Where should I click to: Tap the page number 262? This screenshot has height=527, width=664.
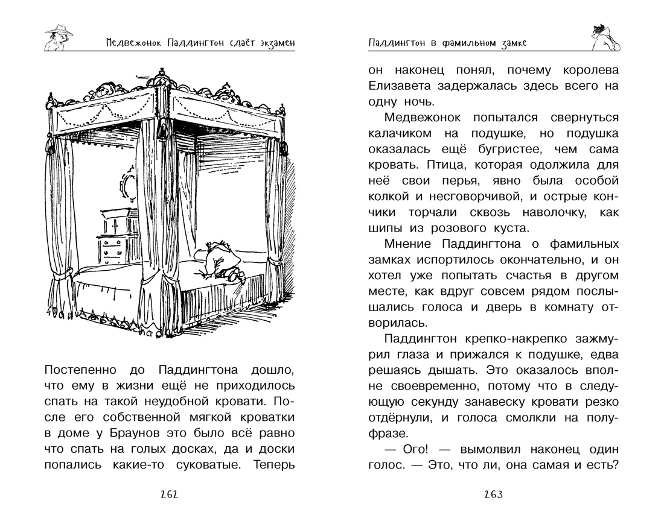168,495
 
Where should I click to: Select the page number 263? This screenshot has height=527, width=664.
493,495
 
